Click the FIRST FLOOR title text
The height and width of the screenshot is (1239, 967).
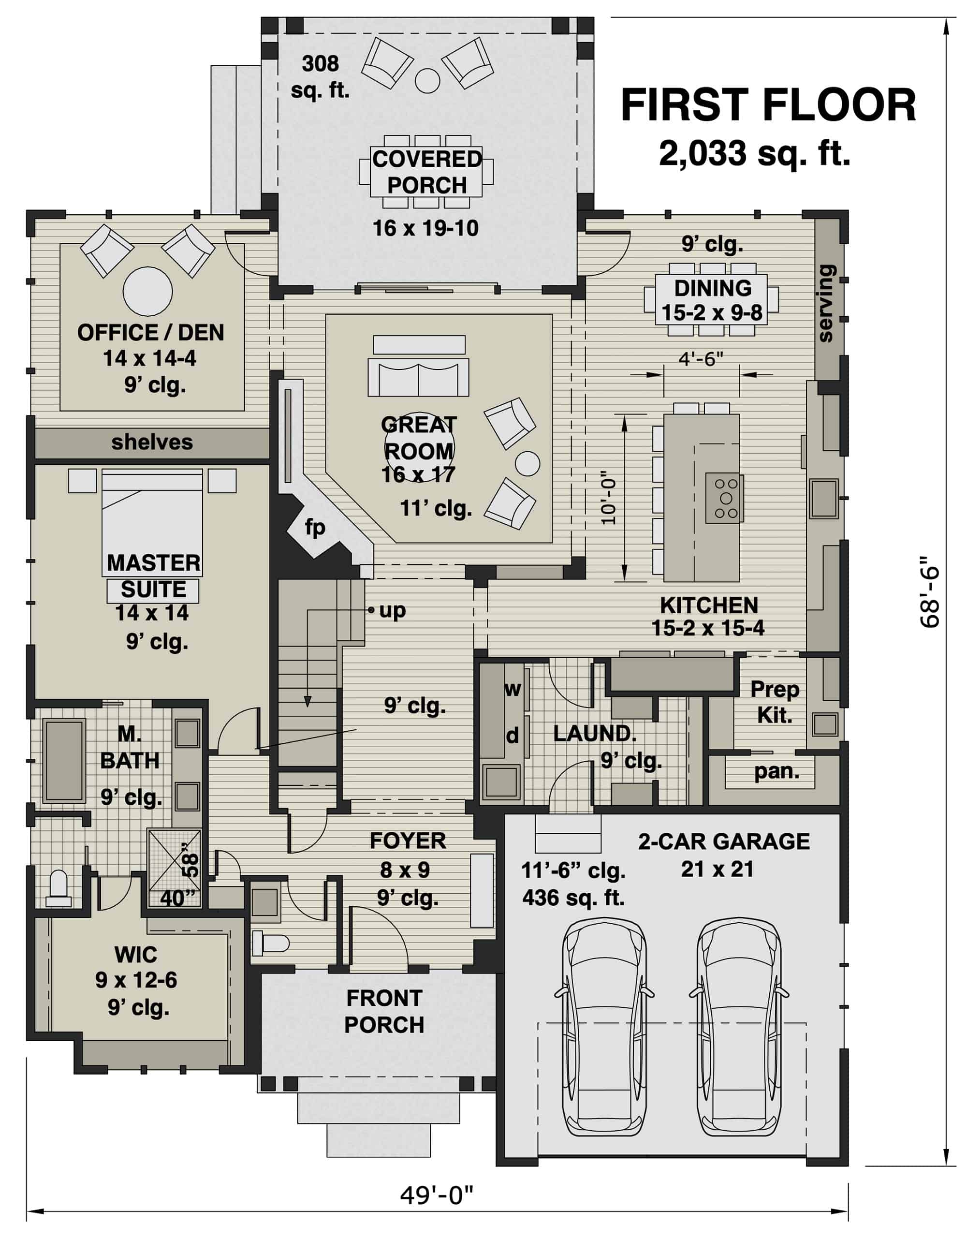[768, 106]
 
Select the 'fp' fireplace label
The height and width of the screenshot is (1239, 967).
[315, 528]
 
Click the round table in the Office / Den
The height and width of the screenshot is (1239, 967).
[147, 292]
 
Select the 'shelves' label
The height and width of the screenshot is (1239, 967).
[152, 442]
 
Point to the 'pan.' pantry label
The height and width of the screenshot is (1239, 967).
[776, 771]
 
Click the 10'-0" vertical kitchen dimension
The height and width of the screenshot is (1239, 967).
[609, 498]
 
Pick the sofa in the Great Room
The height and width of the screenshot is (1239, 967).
[418, 377]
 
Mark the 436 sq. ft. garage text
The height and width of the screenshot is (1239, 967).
[573, 898]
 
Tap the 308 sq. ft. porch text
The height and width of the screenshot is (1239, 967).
[321, 76]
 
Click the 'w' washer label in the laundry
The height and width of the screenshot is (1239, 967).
[512, 689]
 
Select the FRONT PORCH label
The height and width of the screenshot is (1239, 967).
[384, 1012]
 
